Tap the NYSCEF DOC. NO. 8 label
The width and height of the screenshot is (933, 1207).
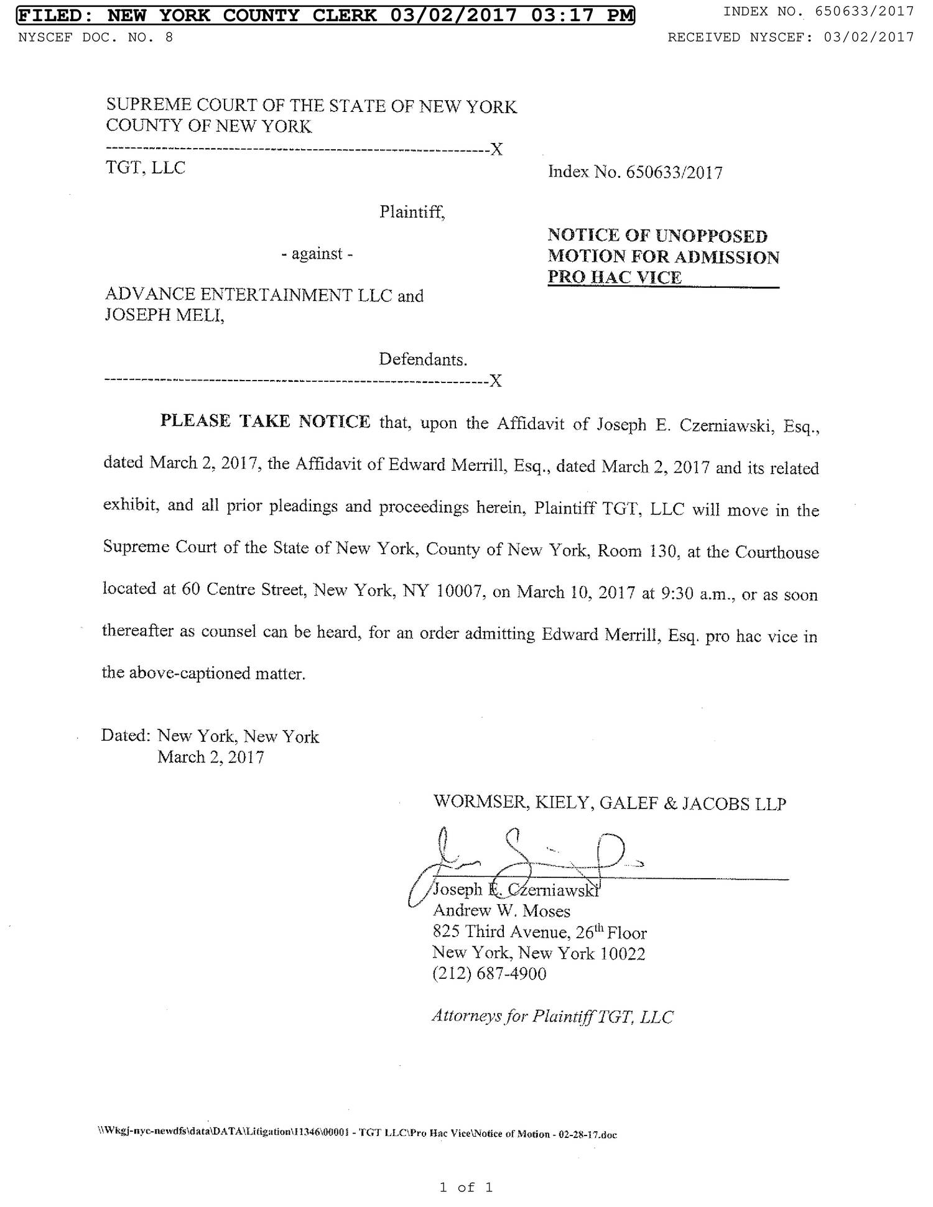(x=96, y=37)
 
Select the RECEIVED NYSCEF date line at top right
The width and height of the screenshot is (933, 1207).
(x=791, y=37)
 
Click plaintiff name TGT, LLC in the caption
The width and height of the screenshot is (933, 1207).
(x=146, y=168)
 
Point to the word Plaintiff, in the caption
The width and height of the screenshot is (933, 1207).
(x=412, y=212)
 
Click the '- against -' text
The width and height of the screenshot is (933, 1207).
(x=317, y=254)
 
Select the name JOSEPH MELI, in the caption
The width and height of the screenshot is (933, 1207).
(x=164, y=315)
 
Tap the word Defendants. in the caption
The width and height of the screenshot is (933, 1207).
(x=423, y=359)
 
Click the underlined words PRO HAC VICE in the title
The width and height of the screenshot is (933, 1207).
(x=615, y=277)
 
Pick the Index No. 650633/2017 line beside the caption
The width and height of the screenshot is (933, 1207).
(x=635, y=172)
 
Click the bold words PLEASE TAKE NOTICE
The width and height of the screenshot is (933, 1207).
(x=265, y=422)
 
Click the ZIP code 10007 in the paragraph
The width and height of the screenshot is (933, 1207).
(x=460, y=591)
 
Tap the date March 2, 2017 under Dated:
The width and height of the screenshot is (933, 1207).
(x=211, y=757)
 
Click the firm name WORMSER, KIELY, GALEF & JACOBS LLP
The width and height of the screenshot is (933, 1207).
(x=610, y=803)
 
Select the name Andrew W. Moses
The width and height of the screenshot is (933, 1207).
(x=501, y=911)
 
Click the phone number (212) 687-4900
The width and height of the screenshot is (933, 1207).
(x=489, y=973)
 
